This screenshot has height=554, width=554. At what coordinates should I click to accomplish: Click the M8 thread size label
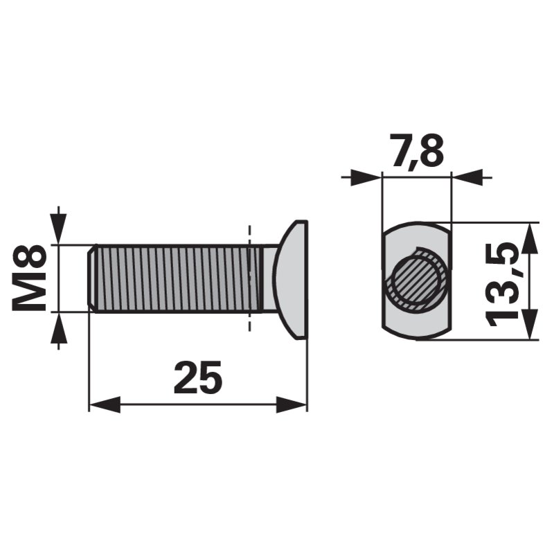pos(29,278)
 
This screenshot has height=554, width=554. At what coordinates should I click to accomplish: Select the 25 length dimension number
pos(198,377)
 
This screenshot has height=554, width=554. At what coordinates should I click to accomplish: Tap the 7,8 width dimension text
pos(416,151)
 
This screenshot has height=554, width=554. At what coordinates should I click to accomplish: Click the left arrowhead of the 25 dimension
pos(105,404)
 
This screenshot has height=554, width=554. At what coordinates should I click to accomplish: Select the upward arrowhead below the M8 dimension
pos(59,328)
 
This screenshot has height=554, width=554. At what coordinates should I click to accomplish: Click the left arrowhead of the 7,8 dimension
pos(366,177)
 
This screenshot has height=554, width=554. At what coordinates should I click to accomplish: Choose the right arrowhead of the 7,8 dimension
pos(467,177)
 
